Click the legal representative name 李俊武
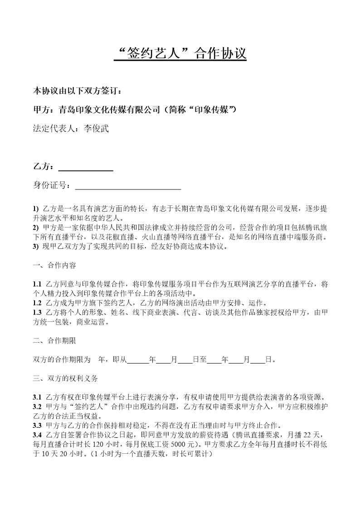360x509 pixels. pos(97,129)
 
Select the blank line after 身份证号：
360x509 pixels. pos(128,185)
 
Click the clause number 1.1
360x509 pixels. pos(38,284)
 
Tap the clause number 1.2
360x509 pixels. pos(38,303)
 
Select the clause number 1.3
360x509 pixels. pos(38,312)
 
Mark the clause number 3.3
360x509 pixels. pos(38,425)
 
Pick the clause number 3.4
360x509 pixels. pos(38,435)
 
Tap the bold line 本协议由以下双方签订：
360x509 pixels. pos(78,91)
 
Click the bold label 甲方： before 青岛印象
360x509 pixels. pos(44,110)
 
